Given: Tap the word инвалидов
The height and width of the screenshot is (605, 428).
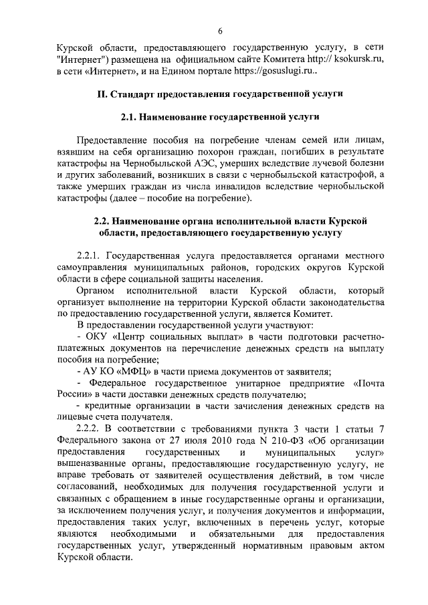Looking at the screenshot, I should (x=231, y=186).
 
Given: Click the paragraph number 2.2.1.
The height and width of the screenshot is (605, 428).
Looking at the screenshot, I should (x=90, y=256).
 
